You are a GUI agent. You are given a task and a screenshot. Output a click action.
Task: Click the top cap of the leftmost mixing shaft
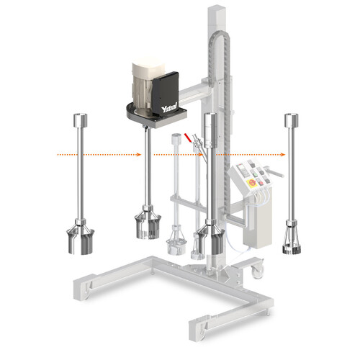pyautogui.click(x=80, y=117)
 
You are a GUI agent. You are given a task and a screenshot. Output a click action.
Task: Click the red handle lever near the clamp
pyautogui.click(x=189, y=137)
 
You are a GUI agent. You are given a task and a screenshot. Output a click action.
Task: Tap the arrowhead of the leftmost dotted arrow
pyautogui.click(x=138, y=153)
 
